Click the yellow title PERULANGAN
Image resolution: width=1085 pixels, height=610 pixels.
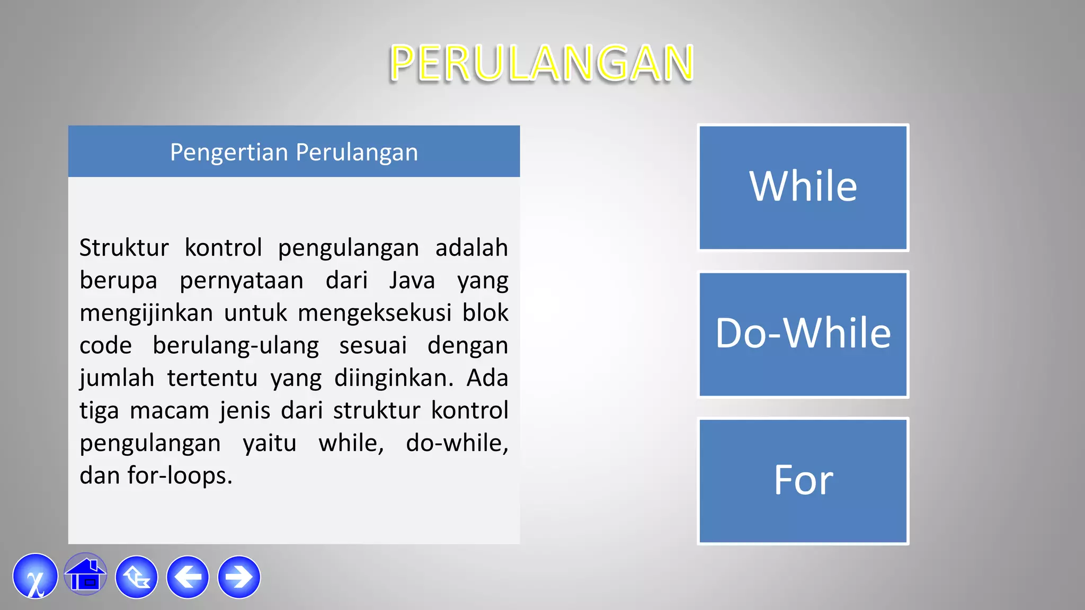tap(541, 64)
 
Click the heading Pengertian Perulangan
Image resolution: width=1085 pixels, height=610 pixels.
tap(294, 152)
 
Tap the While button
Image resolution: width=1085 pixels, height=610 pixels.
tap(803, 187)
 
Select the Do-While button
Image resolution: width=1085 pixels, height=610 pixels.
tap(803, 334)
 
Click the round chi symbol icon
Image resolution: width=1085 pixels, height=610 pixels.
tap(35, 577)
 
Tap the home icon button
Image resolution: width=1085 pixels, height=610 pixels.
tap(85, 575)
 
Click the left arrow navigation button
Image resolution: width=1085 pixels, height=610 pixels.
tap(188, 577)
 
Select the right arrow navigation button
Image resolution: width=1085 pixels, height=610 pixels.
tap(239, 577)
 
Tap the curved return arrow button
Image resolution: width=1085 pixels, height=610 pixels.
tap(137, 577)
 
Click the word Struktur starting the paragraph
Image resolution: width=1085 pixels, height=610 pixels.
tap(124, 248)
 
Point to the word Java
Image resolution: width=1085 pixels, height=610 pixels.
tap(412, 281)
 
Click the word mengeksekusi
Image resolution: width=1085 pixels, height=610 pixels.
tap(375, 313)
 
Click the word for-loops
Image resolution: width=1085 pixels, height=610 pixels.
tap(179, 476)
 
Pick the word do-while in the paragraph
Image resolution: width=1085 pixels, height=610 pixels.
tap(457, 443)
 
